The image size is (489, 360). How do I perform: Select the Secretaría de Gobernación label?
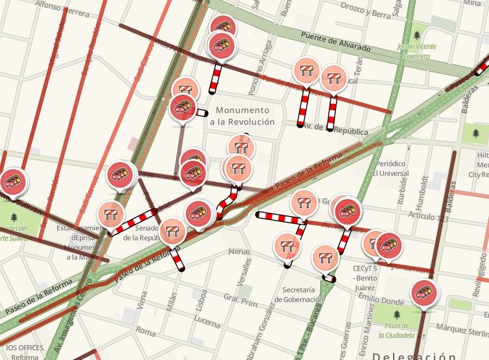coord(298,294)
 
